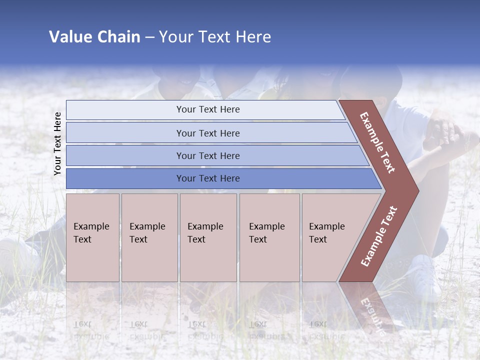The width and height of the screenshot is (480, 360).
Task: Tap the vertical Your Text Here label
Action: [x=57, y=143]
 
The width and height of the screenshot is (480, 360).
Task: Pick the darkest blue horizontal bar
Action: [x=220, y=178]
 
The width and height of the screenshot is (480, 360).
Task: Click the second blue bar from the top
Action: [x=210, y=133]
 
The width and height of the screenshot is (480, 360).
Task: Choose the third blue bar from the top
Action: [x=215, y=155]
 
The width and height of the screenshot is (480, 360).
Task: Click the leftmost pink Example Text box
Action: [x=92, y=237]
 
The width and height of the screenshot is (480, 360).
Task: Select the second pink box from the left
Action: [x=149, y=237]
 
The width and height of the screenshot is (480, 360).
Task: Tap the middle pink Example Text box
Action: [x=208, y=237]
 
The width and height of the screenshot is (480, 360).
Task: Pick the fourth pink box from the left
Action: [x=269, y=237]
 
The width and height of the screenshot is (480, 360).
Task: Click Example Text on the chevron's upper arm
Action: [x=377, y=142]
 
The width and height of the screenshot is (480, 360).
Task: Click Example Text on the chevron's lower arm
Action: [x=379, y=236]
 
